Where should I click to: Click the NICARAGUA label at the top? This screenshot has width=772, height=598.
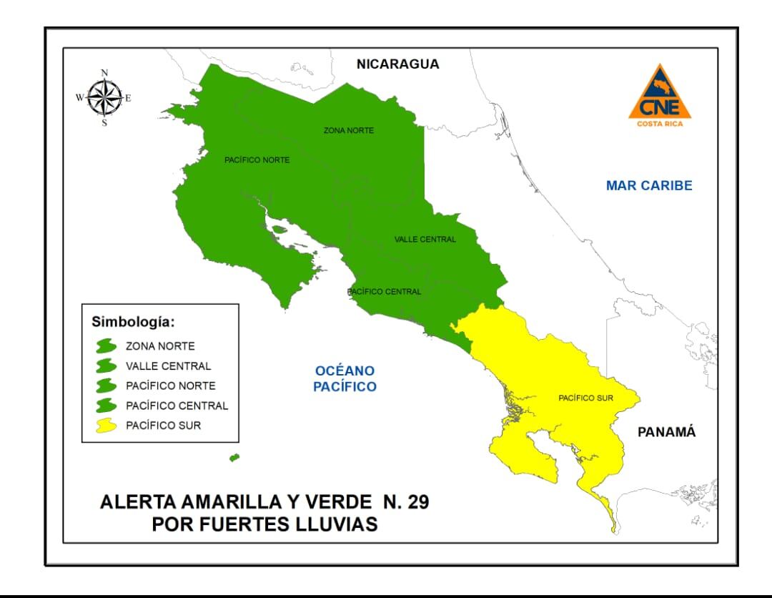click(397, 64)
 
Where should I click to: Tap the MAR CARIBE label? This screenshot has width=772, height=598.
click(649, 185)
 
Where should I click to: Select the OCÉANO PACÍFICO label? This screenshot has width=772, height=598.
click(346, 378)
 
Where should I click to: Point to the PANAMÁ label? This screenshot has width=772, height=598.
click(666, 432)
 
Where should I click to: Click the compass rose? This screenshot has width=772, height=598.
click(104, 98)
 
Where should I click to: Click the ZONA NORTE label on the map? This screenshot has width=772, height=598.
click(349, 130)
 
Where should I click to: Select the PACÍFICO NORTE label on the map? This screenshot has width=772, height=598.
click(257, 160)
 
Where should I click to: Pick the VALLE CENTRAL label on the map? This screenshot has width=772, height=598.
click(425, 239)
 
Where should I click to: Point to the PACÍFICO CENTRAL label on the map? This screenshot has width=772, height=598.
click(384, 292)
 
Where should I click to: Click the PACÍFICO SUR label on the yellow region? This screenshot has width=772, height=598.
click(586, 397)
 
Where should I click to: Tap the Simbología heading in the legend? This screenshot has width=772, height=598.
click(133, 321)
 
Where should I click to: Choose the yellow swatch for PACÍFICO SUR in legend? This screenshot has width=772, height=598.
click(107, 426)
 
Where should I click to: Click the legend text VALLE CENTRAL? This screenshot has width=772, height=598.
click(168, 366)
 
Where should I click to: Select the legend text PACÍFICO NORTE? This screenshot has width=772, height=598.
click(170, 386)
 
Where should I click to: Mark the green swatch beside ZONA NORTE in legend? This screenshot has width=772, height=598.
click(107, 345)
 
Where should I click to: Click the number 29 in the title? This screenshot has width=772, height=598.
click(414, 501)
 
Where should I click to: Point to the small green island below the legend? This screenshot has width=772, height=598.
click(234, 457)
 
